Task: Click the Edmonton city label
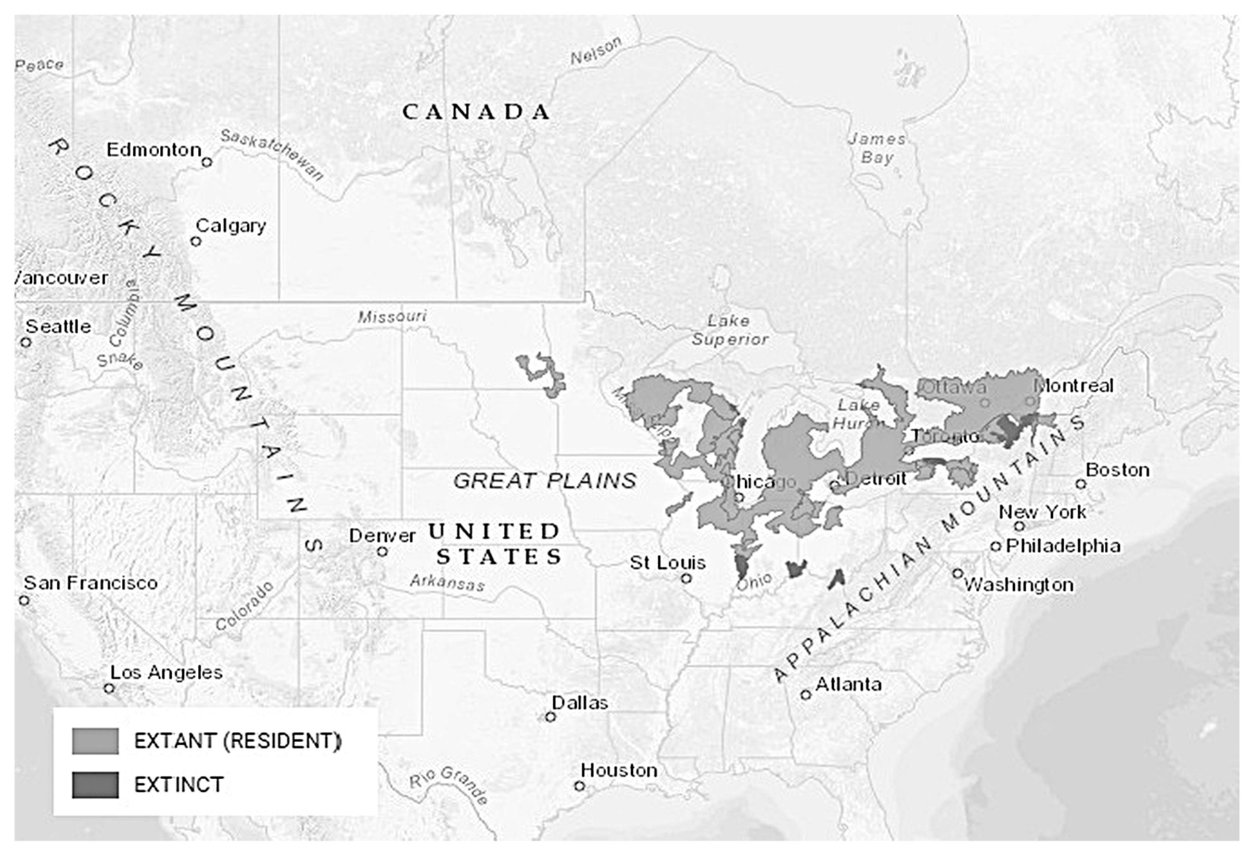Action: (x=154, y=150)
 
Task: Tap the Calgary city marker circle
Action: (x=196, y=241)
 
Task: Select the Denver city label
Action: (x=382, y=536)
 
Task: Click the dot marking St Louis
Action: (x=686, y=578)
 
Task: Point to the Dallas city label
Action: (x=580, y=703)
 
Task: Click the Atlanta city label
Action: (x=848, y=684)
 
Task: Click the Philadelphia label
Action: (x=1063, y=546)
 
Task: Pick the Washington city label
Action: (x=1018, y=585)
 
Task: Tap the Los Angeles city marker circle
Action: (x=109, y=688)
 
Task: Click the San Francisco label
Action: (x=90, y=583)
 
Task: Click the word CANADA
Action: (x=476, y=112)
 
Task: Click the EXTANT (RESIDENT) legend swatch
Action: (x=95, y=741)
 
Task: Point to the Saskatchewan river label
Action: (x=272, y=154)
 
